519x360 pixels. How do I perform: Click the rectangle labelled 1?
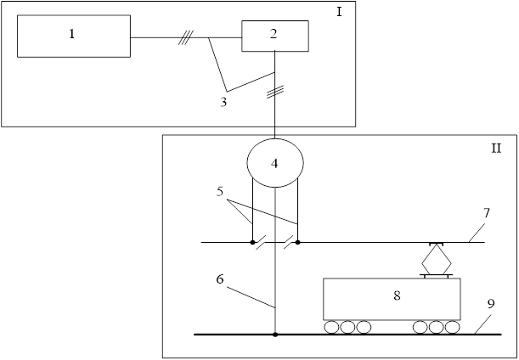(73, 36)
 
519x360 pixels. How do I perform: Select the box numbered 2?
(274, 36)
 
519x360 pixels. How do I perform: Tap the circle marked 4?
(274, 160)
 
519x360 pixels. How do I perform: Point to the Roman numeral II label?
(496, 148)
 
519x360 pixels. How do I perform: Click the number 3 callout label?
(223, 102)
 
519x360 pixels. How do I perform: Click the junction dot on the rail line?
(274, 335)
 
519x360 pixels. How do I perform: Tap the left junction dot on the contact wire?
(252, 243)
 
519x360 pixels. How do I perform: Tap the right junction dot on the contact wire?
(297, 243)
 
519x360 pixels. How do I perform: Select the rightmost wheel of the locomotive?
(452, 327)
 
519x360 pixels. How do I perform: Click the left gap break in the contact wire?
(262, 243)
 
